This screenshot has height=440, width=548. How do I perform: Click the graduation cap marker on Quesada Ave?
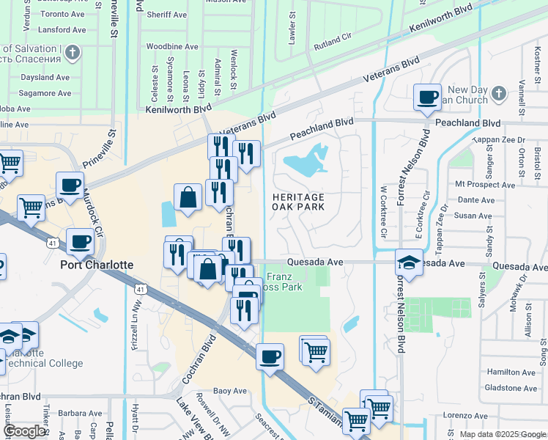pos(409,263)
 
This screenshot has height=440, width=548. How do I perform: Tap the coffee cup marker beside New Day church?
pos(427,97)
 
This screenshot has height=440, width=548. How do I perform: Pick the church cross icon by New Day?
pos(498,93)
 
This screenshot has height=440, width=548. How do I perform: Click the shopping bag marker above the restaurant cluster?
pos(188,197)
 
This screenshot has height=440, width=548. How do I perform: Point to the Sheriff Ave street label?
pos(166,15)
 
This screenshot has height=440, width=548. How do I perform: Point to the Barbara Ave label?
pos(80,413)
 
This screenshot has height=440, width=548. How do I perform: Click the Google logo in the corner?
pos(26,432)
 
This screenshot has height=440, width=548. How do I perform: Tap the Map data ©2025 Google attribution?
pos(502,434)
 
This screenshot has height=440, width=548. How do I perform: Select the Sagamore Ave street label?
pos(45,93)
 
